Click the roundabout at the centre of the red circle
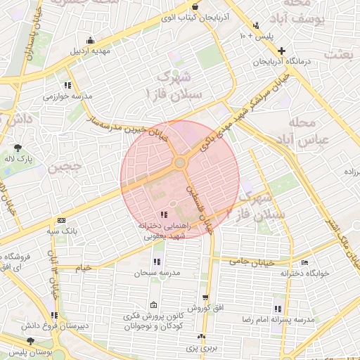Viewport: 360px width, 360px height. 179,163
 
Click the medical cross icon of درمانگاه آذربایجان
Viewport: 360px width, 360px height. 281,51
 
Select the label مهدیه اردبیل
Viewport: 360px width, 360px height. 87,51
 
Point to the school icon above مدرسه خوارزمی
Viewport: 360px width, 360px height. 67,85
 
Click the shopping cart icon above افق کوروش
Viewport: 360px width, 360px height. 205,297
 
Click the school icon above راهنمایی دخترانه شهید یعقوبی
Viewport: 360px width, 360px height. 164,214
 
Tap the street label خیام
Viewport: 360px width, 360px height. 83,268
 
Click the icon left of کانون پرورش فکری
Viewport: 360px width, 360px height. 154,305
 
